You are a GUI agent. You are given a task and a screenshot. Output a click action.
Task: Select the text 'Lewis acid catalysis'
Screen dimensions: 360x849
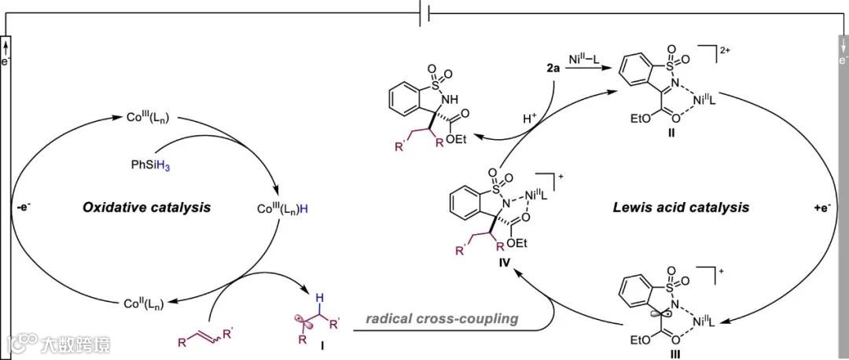click(x=680, y=208)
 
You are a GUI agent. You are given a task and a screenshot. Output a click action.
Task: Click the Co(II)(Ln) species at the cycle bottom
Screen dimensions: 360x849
click(x=149, y=303)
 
